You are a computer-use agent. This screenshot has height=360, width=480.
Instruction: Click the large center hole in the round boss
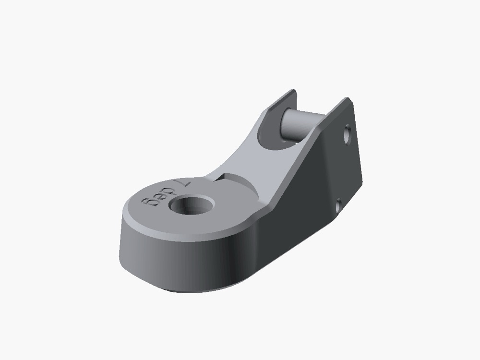192,205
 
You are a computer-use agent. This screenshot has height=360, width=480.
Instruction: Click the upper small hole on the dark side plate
347,135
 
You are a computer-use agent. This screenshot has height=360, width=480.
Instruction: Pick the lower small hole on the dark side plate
338,205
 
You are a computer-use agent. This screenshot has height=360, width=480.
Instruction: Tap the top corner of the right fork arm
348,98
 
